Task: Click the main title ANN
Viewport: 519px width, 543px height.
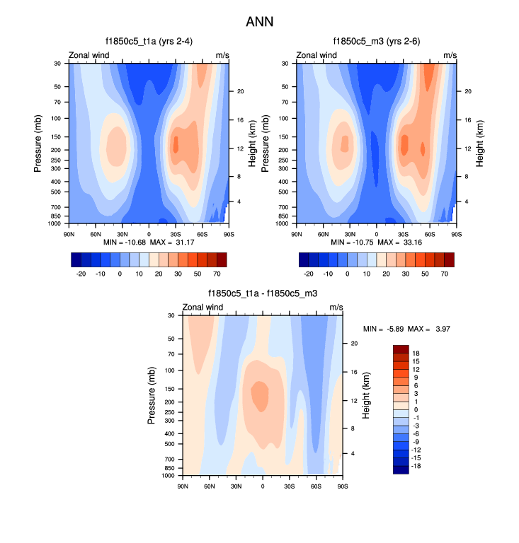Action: (259, 22)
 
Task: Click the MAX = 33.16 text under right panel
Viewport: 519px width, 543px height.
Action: (402, 243)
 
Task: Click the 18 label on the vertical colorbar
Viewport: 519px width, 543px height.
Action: (416, 353)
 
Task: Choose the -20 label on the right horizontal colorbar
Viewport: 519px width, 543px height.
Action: (309, 273)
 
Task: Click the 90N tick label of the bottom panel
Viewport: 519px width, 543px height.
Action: (183, 487)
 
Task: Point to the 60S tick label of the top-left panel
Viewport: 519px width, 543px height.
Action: (202, 234)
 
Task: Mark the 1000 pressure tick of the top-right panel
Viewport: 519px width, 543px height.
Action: (287, 223)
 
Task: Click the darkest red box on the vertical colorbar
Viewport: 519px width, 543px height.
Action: (400, 349)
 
